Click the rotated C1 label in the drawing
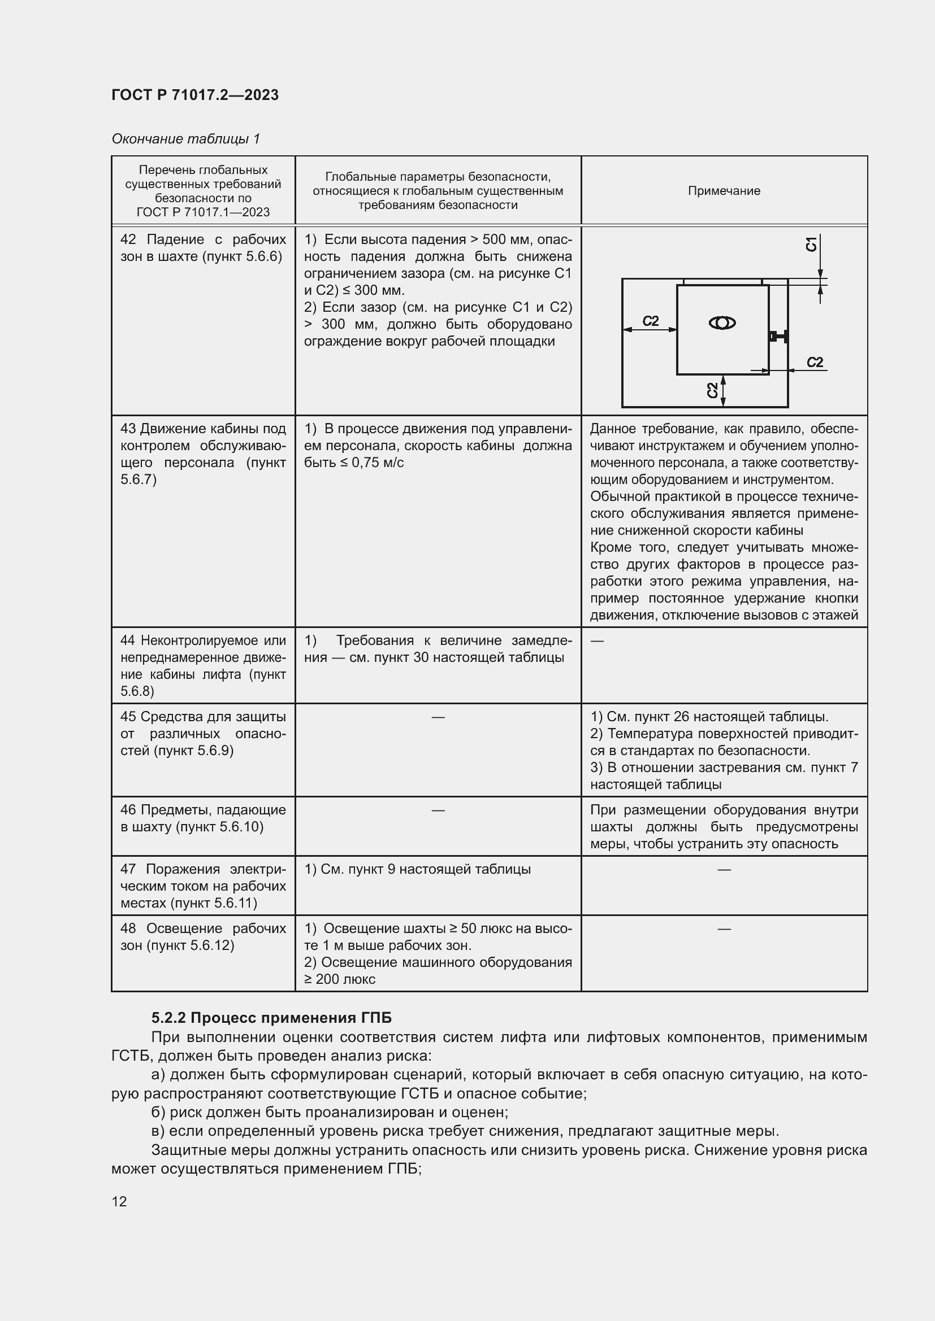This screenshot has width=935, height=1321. pyautogui.click(x=811, y=244)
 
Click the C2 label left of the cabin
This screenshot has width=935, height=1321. pyautogui.click(x=651, y=321)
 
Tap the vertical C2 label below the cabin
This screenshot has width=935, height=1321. pyautogui.click(x=712, y=390)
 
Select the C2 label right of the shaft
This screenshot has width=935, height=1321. pyautogui.click(x=815, y=362)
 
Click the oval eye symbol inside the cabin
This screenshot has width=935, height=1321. pyautogui.click(x=721, y=324)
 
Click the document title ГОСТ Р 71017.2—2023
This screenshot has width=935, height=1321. pyautogui.click(x=195, y=95)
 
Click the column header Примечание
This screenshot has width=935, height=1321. pyautogui.click(x=724, y=191)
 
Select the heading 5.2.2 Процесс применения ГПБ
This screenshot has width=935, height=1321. pyautogui.click(x=271, y=1018)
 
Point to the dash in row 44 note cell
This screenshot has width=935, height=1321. pyautogui.click(x=597, y=640)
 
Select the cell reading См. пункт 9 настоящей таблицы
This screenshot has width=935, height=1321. pyautogui.click(x=417, y=869)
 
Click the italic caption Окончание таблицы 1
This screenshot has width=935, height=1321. pyautogui.click(x=185, y=139)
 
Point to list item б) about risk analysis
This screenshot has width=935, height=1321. pyautogui.click(x=330, y=1112)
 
